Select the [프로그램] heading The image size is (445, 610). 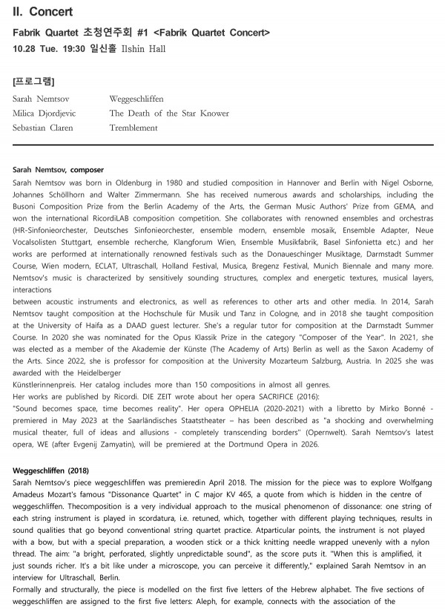click(34, 80)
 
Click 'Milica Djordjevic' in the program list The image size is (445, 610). click(44, 114)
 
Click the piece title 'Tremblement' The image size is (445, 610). click(133, 128)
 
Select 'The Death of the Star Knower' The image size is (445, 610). click(169, 114)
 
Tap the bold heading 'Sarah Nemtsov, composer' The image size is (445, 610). click(59, 170)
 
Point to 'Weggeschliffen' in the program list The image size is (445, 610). click(136, 99)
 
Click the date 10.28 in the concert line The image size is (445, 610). click(27, 49)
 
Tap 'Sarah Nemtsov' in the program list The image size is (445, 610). click(40, 99)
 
